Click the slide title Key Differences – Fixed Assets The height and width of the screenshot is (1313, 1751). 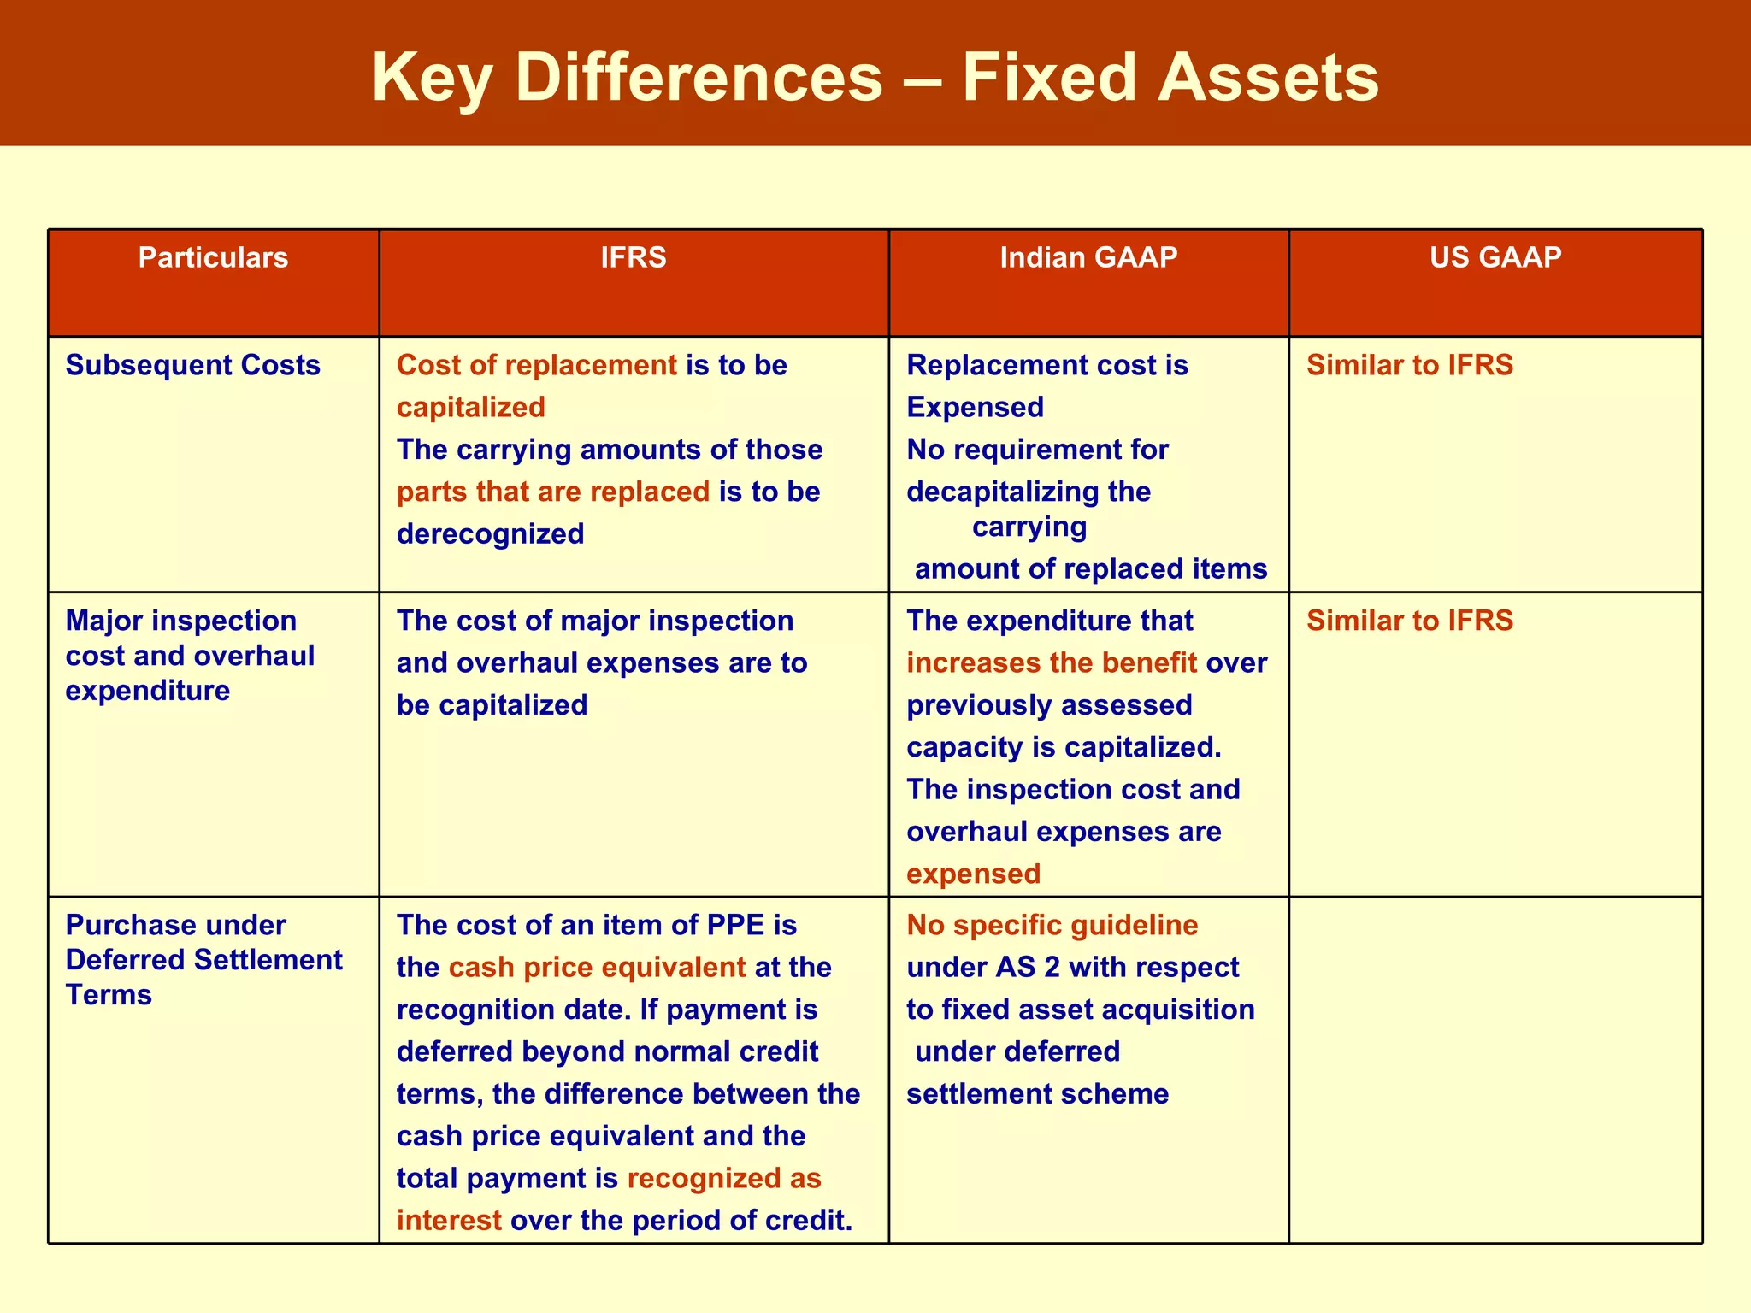pos(875,77)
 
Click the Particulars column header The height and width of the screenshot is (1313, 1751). pos(213,257)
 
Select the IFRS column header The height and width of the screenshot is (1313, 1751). pos(634,257)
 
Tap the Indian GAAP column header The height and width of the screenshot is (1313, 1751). pos(1088,257)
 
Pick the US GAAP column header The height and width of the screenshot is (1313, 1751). pos(1495,256)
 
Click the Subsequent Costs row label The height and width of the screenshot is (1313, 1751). pos(192,365)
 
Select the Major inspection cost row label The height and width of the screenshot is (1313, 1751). pos(190,655)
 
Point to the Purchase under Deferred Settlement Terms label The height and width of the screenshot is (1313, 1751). pos(203,959)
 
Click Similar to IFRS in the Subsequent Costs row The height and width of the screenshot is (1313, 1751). pos(1409,365)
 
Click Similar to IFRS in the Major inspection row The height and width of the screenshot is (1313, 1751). pos(1409,621)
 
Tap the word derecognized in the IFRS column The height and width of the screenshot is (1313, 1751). pos(490,534)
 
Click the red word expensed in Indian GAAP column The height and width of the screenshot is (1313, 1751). pos(973,874)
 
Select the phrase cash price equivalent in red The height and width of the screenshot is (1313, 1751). pos(597,967)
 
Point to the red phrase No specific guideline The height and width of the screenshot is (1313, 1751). pos(1052,925)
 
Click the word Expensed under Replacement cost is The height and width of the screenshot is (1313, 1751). pos(975,408)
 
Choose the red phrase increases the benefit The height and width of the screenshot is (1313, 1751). pos(1051,662)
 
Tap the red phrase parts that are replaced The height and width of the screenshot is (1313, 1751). pos(552,492)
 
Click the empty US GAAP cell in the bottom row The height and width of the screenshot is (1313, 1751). pos(1495,1069)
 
